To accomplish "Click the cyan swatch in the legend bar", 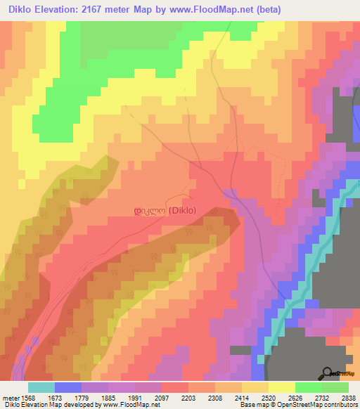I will click(41, 387).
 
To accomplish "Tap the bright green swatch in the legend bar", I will click(309, 387).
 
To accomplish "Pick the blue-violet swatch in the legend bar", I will click(68, 387).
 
